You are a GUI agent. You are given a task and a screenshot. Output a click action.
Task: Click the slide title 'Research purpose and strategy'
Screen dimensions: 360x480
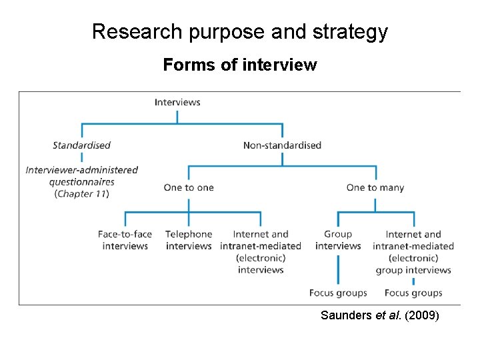[x=240, y=31]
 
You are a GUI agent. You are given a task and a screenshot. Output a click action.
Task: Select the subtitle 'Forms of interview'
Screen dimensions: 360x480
[x=240, y=65]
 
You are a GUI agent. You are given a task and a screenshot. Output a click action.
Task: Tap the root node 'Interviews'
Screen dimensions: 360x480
[x=177, y=102]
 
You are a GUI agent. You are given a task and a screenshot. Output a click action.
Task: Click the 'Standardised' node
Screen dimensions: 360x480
[x=81, y=145]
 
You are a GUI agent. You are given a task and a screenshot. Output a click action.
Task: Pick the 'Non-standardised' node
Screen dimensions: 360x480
[x=282, y=145]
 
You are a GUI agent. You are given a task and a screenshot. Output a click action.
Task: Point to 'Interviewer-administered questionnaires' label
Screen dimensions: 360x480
[x=81, y=175]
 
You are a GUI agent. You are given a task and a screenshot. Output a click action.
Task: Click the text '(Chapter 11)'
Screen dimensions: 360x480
[x=81, y=194]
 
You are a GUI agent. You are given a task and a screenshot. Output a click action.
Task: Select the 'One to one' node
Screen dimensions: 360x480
[x=189, y=187]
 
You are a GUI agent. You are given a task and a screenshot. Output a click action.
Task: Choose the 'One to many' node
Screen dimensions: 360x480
[x=375, y=187]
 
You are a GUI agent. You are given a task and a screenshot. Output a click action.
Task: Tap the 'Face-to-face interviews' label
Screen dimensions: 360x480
[x=125, y=240]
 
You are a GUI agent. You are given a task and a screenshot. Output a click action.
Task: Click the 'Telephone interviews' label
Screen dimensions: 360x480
[x=189, y=240]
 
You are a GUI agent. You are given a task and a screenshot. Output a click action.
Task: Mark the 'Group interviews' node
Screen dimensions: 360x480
[x=338, y=240]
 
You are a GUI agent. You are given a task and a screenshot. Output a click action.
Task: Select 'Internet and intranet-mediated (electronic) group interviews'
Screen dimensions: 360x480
[x=413, y=252]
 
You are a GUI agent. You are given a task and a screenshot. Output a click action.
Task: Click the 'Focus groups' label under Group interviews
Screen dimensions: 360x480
[x=338, y=293]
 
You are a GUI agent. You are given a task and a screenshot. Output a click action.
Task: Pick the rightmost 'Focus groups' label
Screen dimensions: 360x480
[x=413, y=293]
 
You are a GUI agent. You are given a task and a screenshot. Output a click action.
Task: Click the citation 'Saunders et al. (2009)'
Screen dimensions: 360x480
[x=379, y=315]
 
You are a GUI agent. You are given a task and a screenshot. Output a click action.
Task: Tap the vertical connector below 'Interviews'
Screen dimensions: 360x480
[x=177, y=116]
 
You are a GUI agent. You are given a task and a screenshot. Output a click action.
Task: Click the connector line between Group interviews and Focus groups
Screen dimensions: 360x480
[x=338, y=269]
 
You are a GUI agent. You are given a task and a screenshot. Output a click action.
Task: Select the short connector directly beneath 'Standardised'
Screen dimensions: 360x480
[x=82, y=157]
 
